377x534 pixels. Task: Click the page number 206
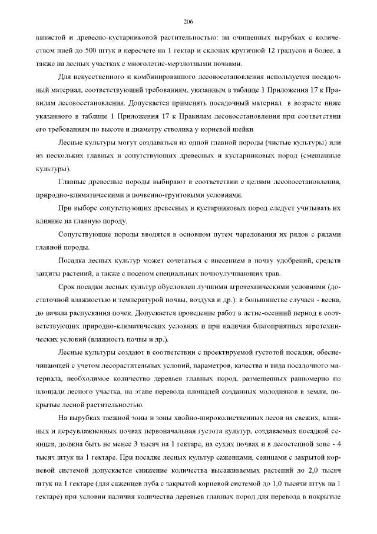tap(188, 22)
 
